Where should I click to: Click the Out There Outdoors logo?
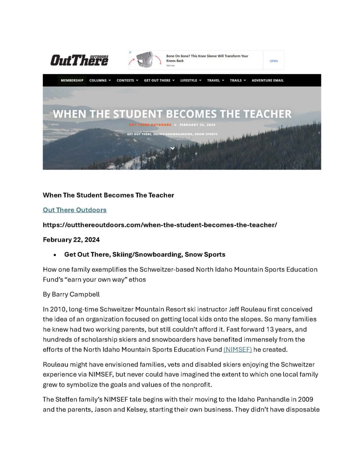click(x=79, y=60)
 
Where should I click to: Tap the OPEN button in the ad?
click(x=274, y=61)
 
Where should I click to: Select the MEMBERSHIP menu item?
click(x=72, y=80)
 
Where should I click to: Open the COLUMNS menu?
click(x=100, y=80)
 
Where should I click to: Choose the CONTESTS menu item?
click(x=127, y=80)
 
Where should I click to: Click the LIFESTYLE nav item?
click(x=190, y=80)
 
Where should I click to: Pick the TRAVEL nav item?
click(x=216, y=80)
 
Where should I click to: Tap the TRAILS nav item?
click(x=238, y=80)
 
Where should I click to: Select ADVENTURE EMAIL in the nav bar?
click(x=267, y=80)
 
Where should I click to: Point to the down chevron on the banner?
click(x=172, y=148)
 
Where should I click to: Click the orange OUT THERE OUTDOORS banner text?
click(x=150, y=125)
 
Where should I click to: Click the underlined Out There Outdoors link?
click(x=75, y=210)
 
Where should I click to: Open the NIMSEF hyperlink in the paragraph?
click(x=238, y=349)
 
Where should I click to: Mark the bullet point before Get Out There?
click(x=55, y=255)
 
